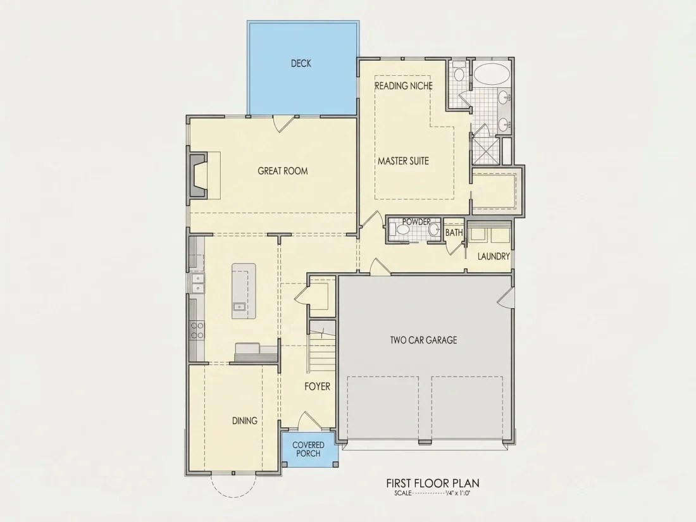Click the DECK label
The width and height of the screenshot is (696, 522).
(301, 63)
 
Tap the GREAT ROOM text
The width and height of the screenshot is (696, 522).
(283, 171)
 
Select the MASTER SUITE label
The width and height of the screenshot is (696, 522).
(403, 161)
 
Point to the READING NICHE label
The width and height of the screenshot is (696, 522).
(404, 85)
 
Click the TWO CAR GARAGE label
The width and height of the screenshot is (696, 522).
(423, 340)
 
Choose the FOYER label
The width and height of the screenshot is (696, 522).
(318, 386)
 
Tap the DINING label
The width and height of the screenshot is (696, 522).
(245, 420)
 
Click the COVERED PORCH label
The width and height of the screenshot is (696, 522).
(309, 449)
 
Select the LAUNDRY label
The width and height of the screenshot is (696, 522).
(494, 256)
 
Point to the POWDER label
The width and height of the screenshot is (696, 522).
(416, 221)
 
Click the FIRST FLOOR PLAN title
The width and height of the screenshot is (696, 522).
(433, 483)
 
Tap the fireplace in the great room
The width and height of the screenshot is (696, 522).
(199, 176)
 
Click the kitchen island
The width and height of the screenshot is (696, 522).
(244, 291)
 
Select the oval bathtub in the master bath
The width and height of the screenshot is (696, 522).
(492, 73)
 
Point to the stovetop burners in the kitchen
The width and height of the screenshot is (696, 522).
(197, 330)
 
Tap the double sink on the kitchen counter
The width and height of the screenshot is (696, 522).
(197, 283)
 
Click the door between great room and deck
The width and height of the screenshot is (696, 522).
(283, 124)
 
